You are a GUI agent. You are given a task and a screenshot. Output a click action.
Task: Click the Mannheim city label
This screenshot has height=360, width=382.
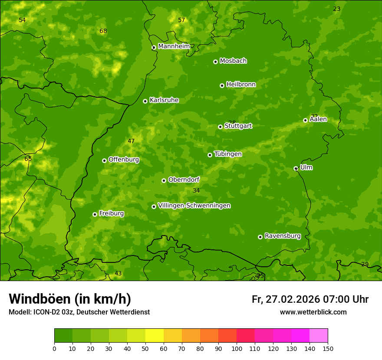(x=174, y=46)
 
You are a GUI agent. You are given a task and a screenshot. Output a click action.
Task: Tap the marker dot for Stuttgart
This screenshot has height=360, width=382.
(x=220, y=127)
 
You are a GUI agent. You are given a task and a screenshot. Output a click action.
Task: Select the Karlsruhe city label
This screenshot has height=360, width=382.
(x=164, y=100)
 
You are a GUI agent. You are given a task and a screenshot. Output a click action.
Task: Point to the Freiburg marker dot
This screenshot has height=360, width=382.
(x=95, y=214)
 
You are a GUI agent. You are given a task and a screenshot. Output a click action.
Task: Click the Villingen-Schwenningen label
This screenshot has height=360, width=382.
(x=194, y=206)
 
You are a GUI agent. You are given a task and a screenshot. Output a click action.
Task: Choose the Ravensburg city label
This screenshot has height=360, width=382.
(x=283, y=236)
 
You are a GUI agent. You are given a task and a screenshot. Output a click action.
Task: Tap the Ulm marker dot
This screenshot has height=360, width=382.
(x=296, y=168)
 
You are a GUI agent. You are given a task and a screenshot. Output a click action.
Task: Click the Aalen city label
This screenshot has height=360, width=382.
(x=318, y=119)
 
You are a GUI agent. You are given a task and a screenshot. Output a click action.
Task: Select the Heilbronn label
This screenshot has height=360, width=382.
(x=241, y=85)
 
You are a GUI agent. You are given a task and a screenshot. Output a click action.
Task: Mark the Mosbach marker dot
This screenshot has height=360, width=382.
(x=215, y=62)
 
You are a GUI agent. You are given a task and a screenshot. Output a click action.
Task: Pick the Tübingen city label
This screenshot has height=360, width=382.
(x=228, y=154)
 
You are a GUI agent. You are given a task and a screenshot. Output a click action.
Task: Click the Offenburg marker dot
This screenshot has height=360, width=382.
(x=104, y=160)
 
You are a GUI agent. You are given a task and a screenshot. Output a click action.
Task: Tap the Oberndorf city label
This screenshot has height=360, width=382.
(x=184, y=180)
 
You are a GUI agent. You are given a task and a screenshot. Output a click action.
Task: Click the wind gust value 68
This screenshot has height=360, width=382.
(x=103, y=31)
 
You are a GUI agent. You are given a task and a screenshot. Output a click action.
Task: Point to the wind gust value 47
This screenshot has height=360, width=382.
(x=131, y=141)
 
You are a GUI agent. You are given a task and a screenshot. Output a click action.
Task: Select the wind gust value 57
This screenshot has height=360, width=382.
(x=181, y=20)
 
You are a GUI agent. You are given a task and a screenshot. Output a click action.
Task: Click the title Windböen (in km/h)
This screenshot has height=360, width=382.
(x=70, y=299)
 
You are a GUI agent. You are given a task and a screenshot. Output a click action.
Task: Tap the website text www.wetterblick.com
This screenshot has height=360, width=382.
(x=313, y=312)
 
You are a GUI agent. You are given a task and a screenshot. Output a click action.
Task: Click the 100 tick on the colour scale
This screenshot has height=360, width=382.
(x=237, y=348)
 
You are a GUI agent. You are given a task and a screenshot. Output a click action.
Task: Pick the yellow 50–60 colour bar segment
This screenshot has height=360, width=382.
(x=155, y=335)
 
